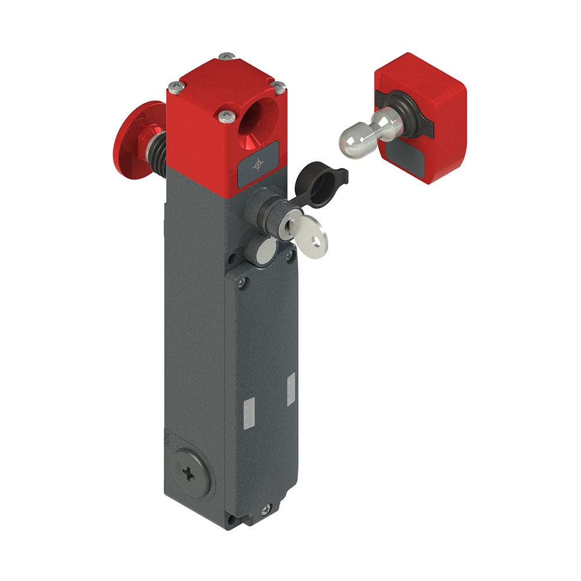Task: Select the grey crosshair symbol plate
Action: coord(257,166)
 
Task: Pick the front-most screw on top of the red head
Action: coord(227,116)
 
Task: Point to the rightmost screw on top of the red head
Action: coord(279,87)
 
